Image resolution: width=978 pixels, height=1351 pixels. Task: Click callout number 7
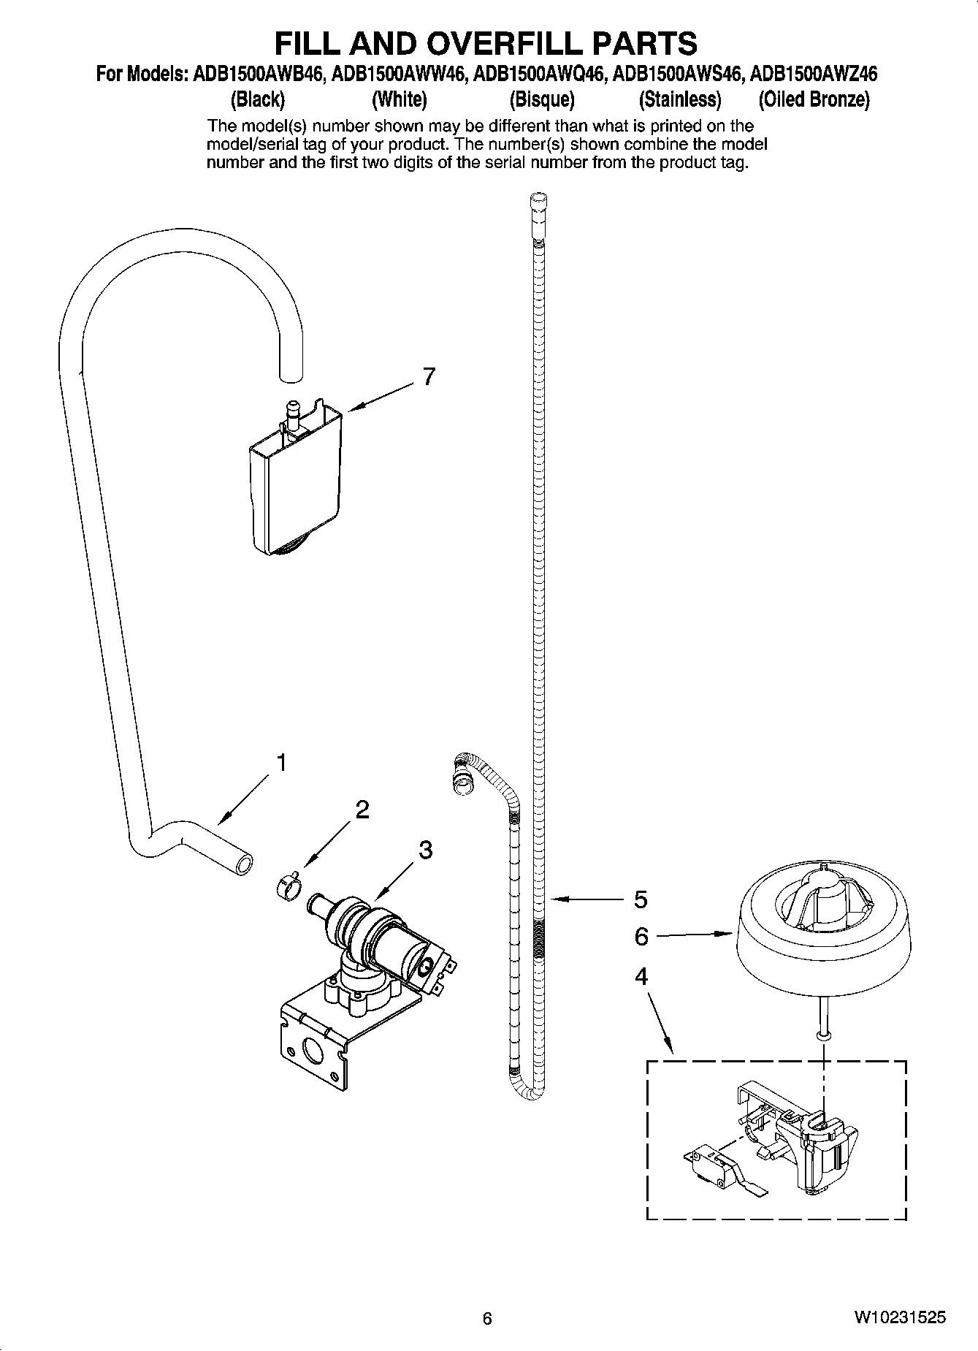point(429,376)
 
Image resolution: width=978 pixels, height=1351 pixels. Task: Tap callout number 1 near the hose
point(280,763)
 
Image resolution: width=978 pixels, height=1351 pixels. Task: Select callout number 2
point(362,810)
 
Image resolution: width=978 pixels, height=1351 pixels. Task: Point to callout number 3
point(425,850)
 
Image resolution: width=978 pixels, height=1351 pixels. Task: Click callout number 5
point(640,899)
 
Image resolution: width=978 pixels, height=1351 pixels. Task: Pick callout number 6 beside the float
point(641,936)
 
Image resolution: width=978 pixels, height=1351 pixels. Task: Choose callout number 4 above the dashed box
point(641,976)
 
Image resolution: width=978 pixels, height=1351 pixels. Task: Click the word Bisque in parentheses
point(541,99)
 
